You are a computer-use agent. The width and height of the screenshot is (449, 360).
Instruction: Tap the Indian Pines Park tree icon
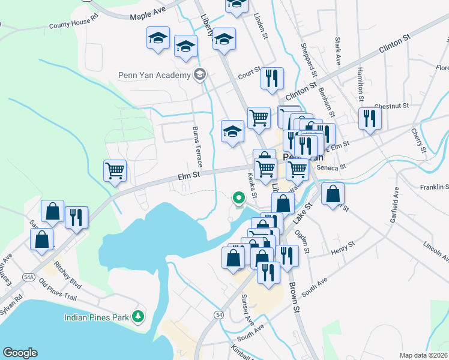point(139,316)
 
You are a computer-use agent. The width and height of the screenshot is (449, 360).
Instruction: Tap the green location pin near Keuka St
point(239,197)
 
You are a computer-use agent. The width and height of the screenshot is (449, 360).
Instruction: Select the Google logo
point(20,353)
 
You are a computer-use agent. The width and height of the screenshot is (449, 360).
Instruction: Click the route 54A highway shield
point(28,277)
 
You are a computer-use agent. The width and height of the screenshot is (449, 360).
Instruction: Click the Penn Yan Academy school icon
point(200,76)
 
